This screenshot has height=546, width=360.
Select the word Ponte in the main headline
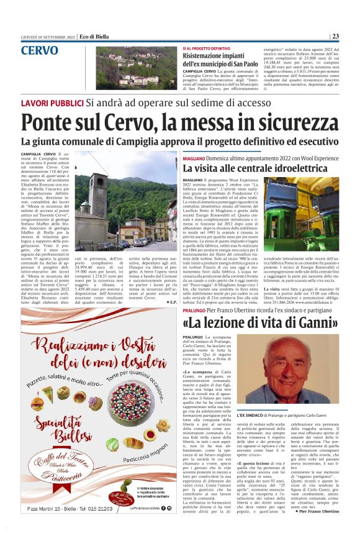point(48,121)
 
